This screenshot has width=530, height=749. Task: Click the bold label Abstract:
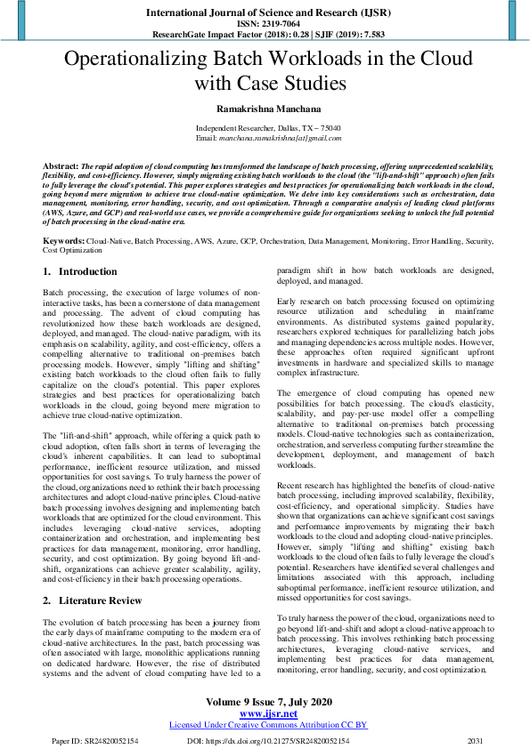pos(61,166)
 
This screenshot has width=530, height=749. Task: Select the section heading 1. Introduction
pos(80,271)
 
